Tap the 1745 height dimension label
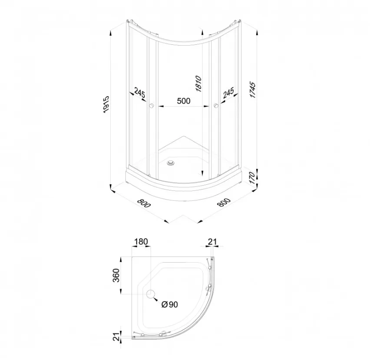(252, 90)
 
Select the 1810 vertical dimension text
(198, 83)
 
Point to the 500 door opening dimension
(184, 101)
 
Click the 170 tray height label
(252, 178)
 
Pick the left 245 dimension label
(139, 92)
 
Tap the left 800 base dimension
(144, 203)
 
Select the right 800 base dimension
(224, 203)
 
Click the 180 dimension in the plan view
(141, 242)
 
